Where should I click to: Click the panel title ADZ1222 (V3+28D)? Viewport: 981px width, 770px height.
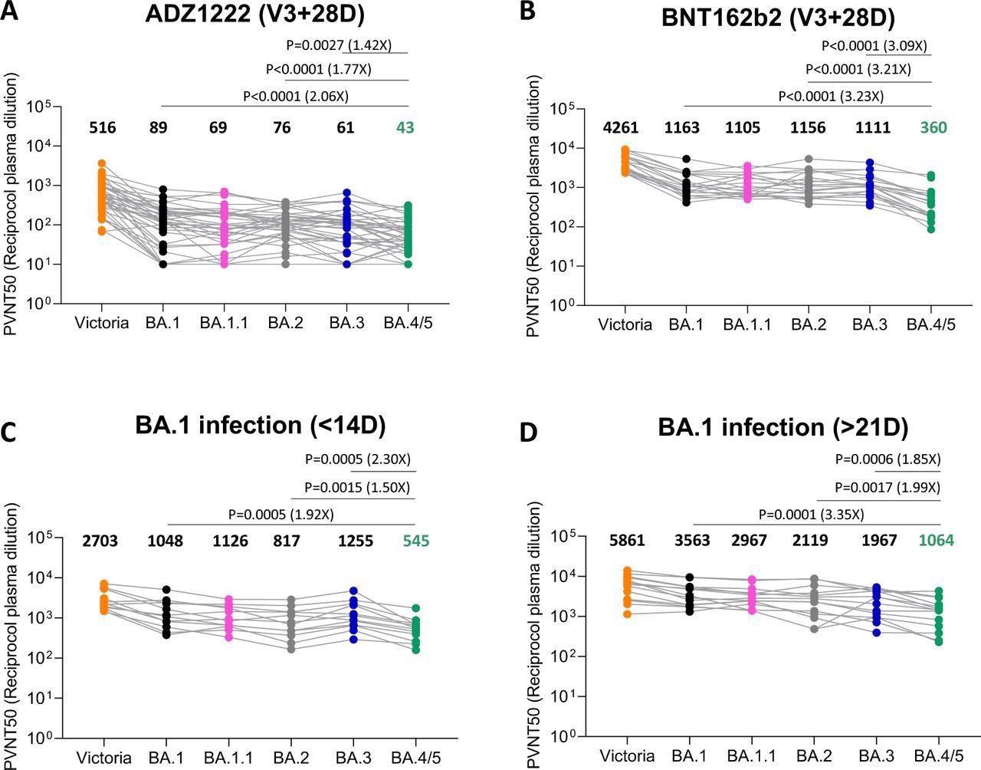tap(245, 16)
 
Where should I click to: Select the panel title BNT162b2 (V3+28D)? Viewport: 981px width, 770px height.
tap(779, 18)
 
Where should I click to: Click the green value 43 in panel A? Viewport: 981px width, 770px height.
tap(405, 127)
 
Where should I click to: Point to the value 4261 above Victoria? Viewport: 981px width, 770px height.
tap(626, 128)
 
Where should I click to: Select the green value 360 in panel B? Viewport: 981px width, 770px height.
tap(931, 128)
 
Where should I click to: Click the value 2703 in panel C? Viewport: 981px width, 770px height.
tap(100, 541)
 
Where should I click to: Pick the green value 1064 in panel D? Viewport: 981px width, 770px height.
tap(937, 541)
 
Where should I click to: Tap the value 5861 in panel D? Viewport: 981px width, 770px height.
tap(627, 541)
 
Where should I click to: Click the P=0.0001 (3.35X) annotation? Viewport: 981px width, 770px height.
tap(811, 514)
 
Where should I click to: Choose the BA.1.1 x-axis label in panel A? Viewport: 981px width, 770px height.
tap(224, 323)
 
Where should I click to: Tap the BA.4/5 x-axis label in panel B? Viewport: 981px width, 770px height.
tap(931, 324)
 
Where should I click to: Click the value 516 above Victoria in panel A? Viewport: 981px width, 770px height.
tap(102, 127)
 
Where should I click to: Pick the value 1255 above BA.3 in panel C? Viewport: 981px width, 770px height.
tap(356, 541)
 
